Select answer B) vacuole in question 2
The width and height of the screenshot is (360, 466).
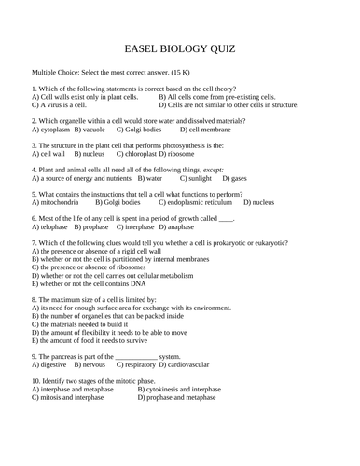[x=90, y=130]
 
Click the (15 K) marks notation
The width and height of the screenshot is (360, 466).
[x=202, y=72]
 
